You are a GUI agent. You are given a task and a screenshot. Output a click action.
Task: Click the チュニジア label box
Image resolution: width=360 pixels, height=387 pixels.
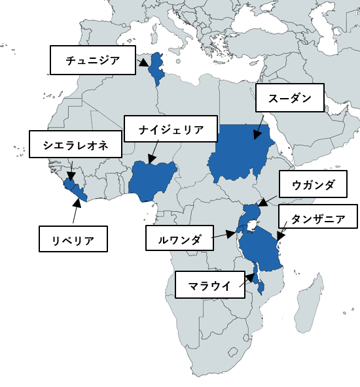tap(93, 61)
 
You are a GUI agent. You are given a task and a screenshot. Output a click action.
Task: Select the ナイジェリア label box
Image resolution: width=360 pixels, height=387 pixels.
tap(171, 129)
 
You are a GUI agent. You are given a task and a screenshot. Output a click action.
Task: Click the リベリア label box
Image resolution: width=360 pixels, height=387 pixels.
tap(73, 239)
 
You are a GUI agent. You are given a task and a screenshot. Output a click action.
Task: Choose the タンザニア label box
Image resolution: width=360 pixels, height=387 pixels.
tap(318, 218)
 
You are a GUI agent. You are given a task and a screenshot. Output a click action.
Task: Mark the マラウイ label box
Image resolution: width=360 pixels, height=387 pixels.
tap(209, 285)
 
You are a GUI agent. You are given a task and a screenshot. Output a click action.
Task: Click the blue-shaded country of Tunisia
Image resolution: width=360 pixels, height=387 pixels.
tap(156, 69)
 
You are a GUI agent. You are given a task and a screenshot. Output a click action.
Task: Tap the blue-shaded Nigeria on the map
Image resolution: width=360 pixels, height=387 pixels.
tap(153, 182)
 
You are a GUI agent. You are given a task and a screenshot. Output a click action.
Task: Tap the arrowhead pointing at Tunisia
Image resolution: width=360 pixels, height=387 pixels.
tap(146, 65)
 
